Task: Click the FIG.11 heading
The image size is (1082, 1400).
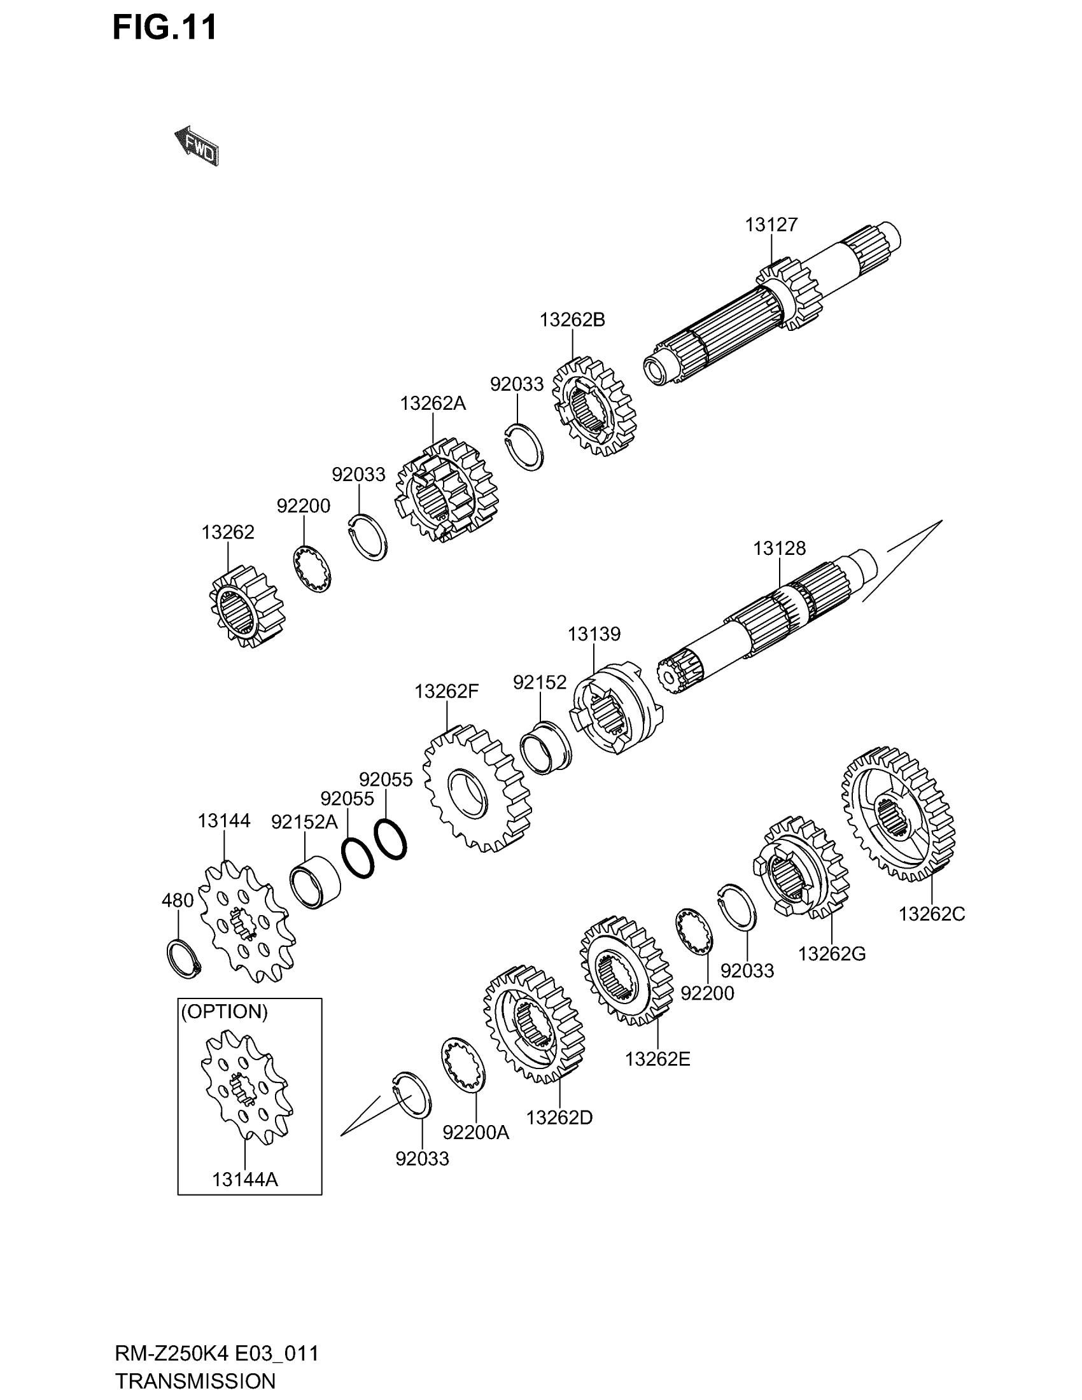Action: [165, 27]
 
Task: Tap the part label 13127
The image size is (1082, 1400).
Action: [771, 225]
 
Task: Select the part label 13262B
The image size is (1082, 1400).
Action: [572, 320]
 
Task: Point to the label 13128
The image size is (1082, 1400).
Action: [779, 549]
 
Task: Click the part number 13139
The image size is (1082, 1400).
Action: [594, 634]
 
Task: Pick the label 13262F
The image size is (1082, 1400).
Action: [446, 692]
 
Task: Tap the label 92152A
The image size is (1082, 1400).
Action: [304, 822]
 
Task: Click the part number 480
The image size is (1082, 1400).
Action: [178, 900]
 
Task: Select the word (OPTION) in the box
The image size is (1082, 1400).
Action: [224, 1012]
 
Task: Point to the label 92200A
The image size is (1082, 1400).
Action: [475, 1133]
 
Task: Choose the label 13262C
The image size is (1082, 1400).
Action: [931, 914]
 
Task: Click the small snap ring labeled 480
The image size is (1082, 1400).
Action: [183, 958]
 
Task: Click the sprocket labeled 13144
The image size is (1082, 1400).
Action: [247, 923]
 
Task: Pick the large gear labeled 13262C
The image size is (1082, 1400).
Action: [897, 813]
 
